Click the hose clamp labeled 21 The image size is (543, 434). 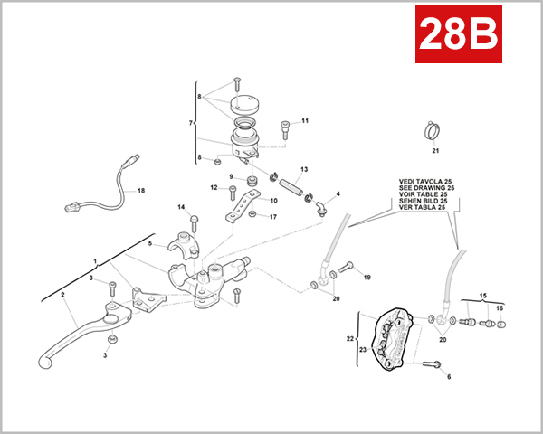pos(434,133)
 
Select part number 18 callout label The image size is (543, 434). pos(140,192)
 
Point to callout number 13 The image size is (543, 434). pos(304,169)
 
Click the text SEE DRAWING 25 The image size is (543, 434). pos(427,187)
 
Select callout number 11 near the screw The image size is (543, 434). pos(305,120)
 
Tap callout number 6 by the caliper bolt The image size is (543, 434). pos(448,376)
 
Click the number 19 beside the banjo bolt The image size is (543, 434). pos(367,278)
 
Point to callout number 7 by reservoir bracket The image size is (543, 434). pos(191,123)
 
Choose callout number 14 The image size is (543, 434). pos(180,207)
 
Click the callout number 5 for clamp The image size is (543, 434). pos(151,242)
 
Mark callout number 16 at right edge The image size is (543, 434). pos(499,308)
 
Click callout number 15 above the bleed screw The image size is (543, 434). pos(482,296)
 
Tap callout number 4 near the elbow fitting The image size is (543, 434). pos(338,193)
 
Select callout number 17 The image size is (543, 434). pos(273,217)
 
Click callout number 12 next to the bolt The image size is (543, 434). pos(214,188)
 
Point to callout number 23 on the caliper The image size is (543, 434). pos(362,349)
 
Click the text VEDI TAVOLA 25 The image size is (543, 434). pos(425,181)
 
